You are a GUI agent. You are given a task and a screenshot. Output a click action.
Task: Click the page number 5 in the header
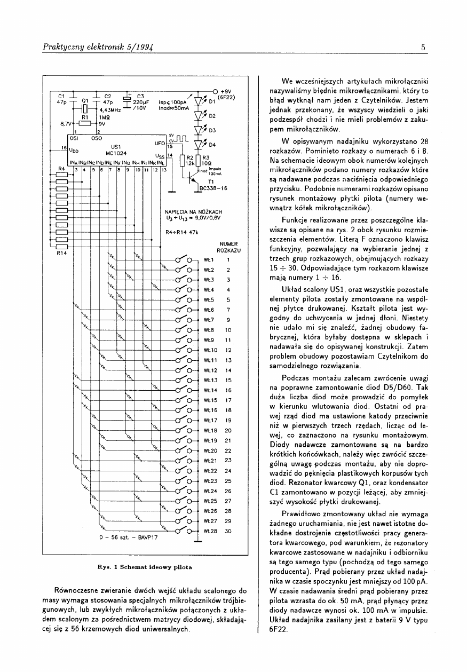click(423, 48)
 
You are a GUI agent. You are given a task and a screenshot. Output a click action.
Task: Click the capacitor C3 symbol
click(128, 99)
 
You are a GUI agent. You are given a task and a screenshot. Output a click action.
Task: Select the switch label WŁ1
click(209, 259)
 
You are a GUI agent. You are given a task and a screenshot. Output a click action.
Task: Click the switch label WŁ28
click(210, 531)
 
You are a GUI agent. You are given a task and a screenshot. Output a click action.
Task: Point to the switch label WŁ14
click(210, 390)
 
